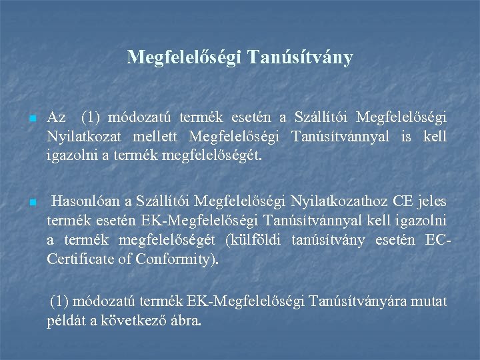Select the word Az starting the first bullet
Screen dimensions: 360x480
click(x=57, y=118)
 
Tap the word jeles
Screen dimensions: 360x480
click(x=431, y=201)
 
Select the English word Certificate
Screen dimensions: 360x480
click(x=79, y=259)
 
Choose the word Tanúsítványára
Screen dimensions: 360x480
click(x=354, y=301)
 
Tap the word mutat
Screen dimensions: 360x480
click(x=430, y=301)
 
